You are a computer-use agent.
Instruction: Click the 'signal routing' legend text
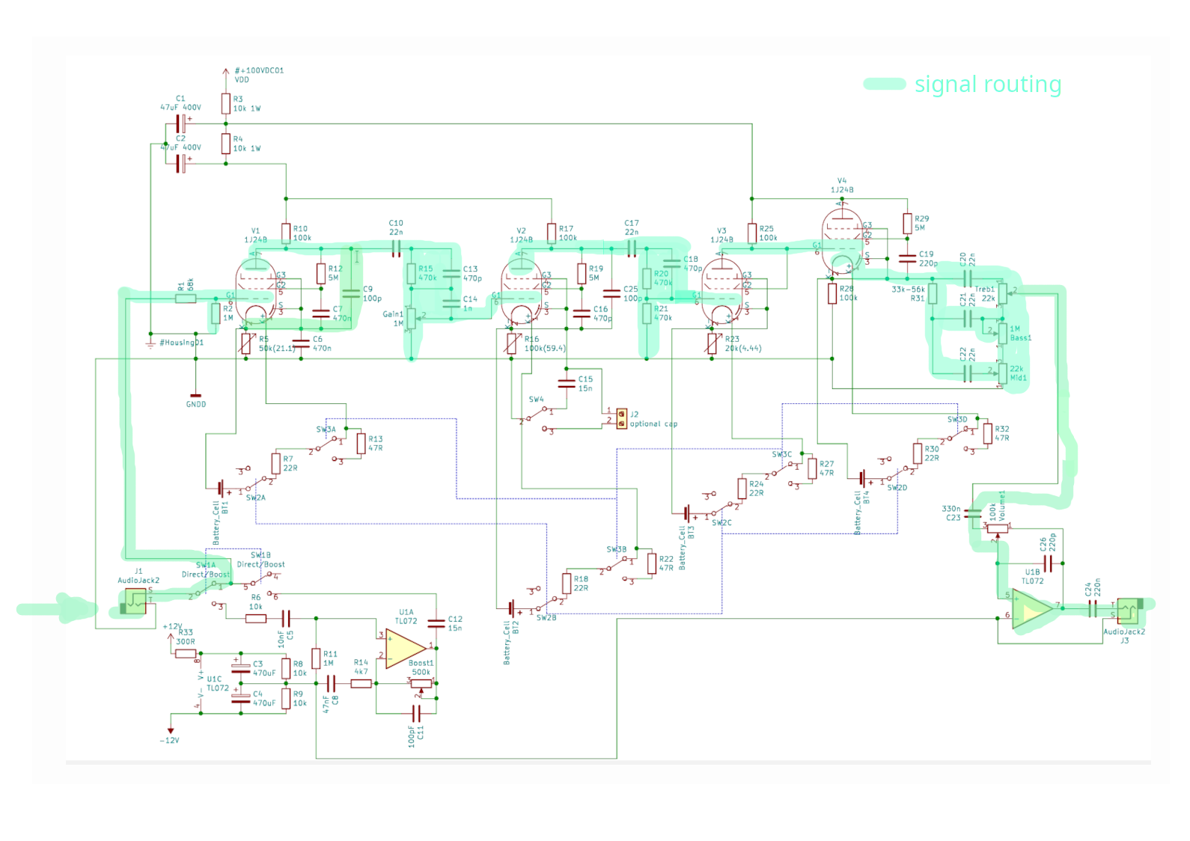tap(987, 85)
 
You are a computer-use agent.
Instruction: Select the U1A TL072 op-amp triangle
tap(405, 648)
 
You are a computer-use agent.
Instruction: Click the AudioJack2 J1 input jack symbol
tap(135, 601)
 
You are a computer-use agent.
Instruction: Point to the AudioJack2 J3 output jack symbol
tap(1128, 611)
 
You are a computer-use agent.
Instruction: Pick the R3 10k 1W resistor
tap(225, 103)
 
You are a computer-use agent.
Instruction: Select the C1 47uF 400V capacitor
tap(180, 123)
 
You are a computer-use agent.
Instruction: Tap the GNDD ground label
tap(195, 404)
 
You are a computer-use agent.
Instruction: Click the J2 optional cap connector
tap(622, 418)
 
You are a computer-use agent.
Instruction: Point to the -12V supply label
tap(170, 740)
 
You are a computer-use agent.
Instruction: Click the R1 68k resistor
tap(186, 299)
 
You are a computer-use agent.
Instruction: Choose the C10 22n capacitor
tap(396, 248)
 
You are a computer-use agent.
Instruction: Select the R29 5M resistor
tap(907, 223)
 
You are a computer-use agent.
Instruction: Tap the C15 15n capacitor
tap(567, 384)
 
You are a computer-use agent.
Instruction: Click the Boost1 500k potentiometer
tap(421, 682)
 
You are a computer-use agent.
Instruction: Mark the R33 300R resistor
tap(186, 653)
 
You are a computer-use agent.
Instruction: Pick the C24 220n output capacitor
tap(1092, 608)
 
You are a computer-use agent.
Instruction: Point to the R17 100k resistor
tap(552, 233)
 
